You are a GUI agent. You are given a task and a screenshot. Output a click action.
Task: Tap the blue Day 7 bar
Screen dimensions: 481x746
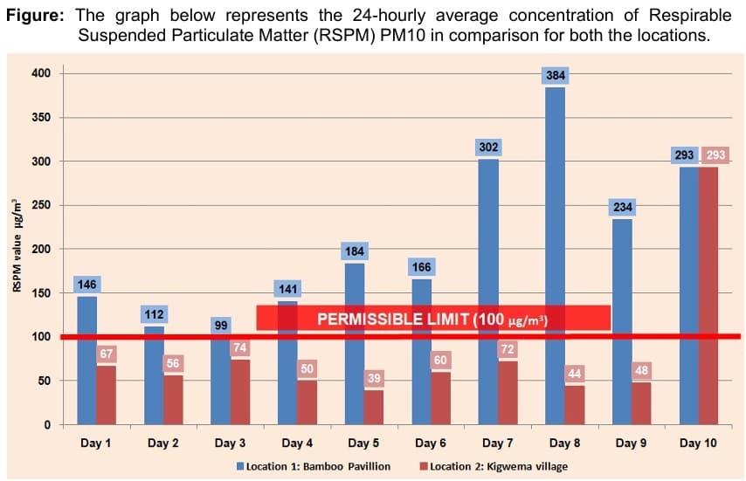pos(488,292)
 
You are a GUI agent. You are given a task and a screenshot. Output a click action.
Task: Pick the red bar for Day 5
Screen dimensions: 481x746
pos(374,407)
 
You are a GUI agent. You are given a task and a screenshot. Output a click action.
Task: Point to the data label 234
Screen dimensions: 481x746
pos(623,207)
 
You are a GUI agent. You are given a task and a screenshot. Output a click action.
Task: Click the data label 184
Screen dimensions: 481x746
pos(355,251)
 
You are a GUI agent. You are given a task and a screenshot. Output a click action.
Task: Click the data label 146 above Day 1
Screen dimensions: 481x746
pos(86,285)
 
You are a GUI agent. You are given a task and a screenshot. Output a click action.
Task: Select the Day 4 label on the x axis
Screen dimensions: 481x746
pos(297,443)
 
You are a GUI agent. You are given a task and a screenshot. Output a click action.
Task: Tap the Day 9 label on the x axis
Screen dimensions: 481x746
pos(632,443)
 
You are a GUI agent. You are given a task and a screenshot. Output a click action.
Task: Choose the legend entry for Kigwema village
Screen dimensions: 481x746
pos(494,465)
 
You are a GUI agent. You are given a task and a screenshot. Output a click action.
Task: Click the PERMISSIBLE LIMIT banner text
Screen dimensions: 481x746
pos(432,319)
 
